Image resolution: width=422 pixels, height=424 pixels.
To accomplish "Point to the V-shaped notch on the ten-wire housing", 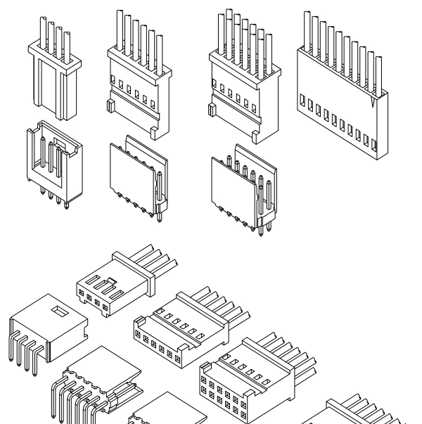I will pos(371,104).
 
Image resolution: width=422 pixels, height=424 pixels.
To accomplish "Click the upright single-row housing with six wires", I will pos(139,84).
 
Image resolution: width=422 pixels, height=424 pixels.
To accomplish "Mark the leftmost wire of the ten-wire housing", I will pos(307,35).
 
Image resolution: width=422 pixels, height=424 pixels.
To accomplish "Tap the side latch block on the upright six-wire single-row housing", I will pos(110,107).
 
